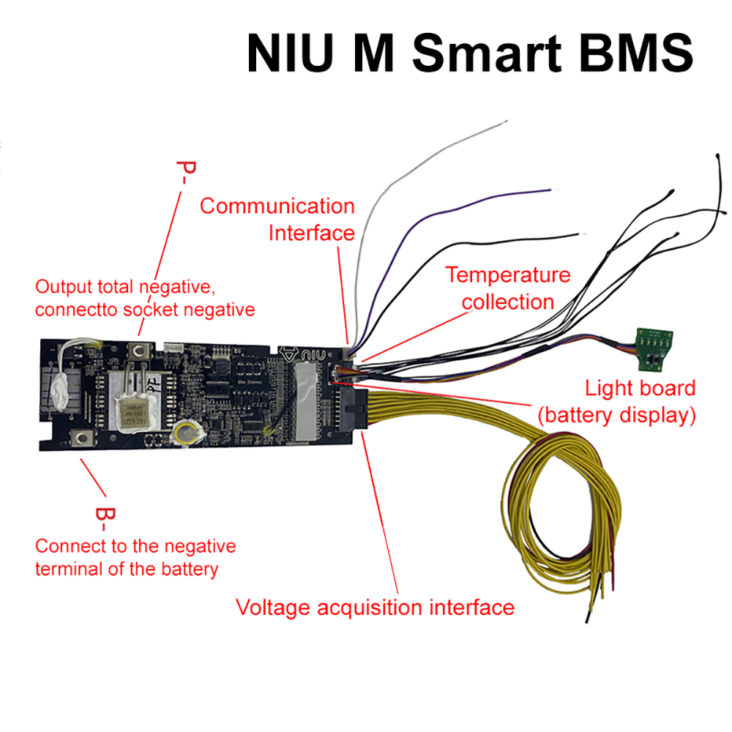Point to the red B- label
click(105, 519)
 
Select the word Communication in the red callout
click(277, 206)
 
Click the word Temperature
click(508, 275)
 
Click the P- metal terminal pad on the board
click(138, 352)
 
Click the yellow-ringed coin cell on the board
click(186, 433)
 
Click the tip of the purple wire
click(551, 190)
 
